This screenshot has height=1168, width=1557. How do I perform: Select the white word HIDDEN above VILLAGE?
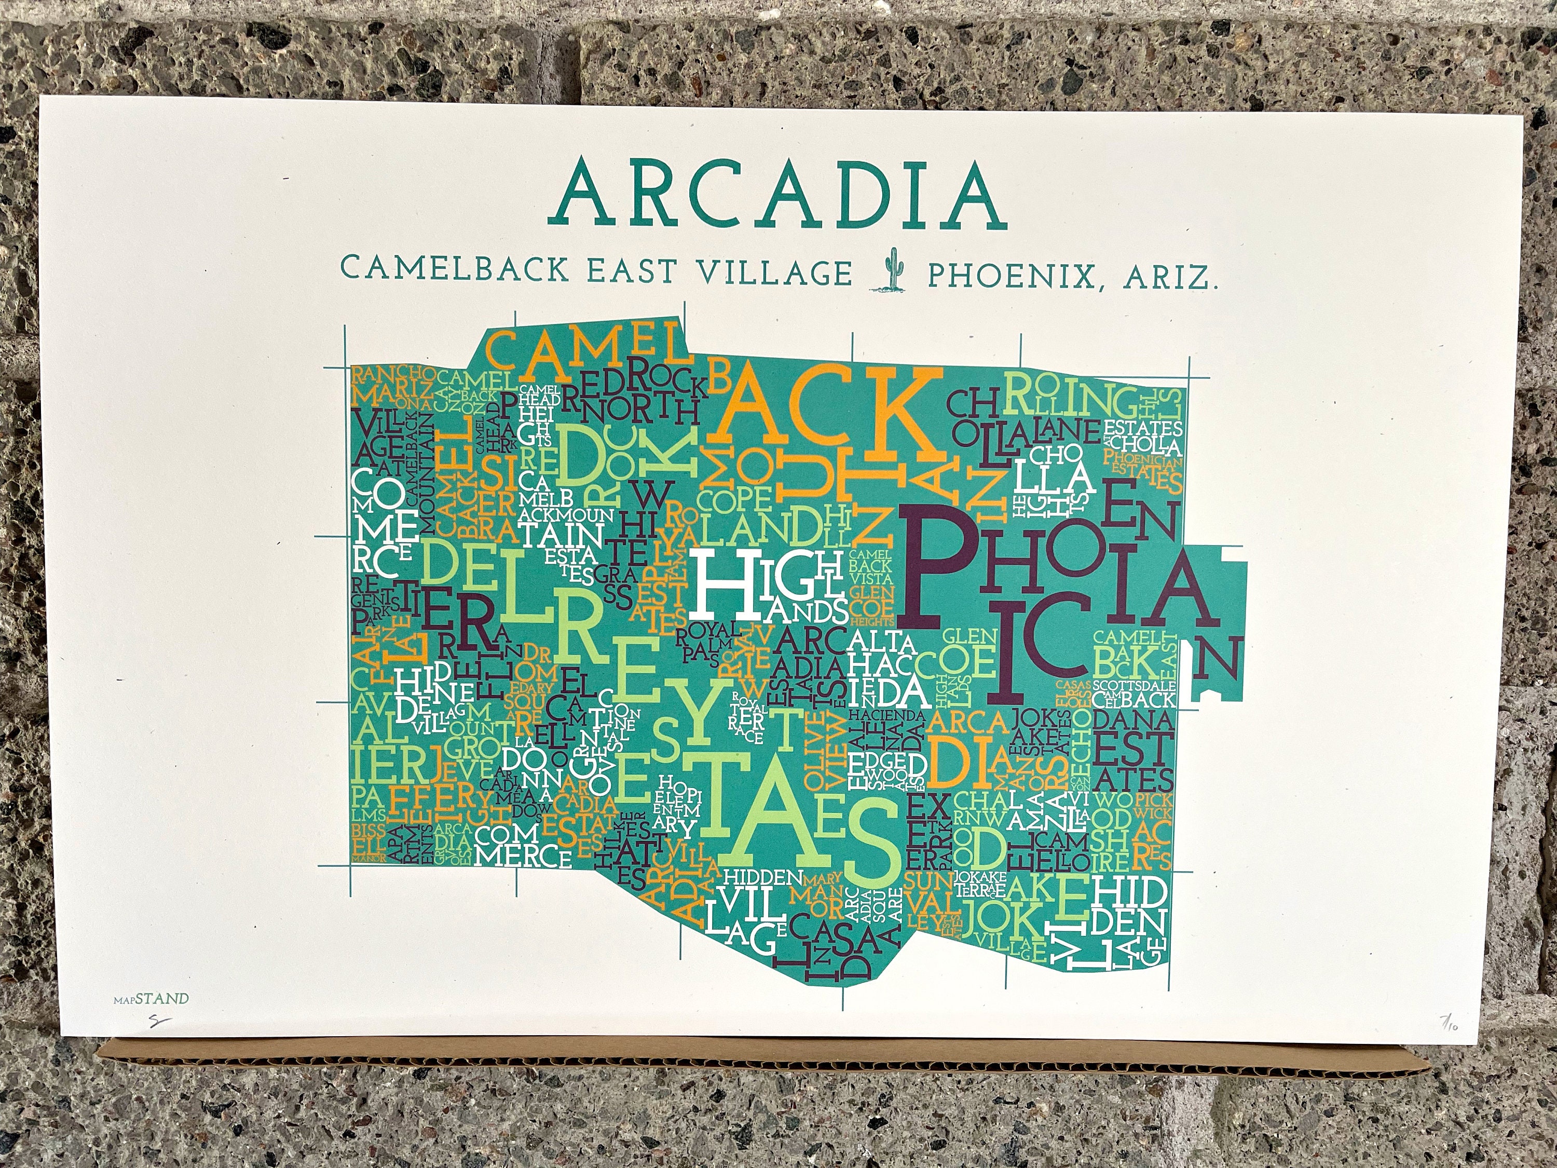click(x=764, y=878)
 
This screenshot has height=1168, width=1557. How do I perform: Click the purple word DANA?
click(x=1133, y=719)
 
